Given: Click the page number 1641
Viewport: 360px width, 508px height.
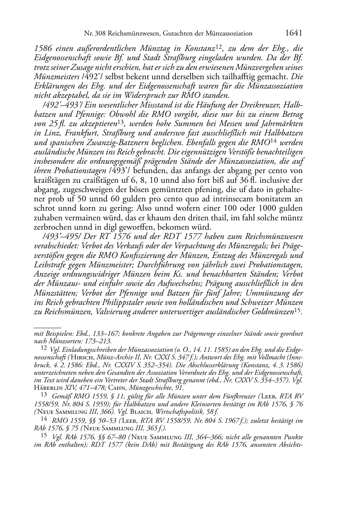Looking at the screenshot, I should tap(294, 33).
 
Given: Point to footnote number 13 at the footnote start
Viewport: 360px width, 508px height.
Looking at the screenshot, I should tap(44, 396).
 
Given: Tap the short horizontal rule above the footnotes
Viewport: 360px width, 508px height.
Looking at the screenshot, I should tap(47, 327).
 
